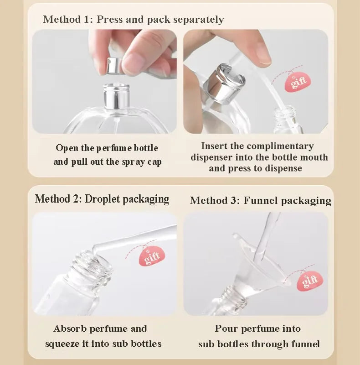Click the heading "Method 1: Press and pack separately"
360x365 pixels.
pyautogui.click(x=133, y=20)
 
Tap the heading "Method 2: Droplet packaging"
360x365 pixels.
pyautogui.click(x=102, y=199)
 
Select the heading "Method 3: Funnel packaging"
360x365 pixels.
pyautogui.click(x=260, y=200)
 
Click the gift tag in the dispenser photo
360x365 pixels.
pyautogui.click(x=298, y=83)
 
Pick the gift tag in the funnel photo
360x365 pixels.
pyautogui.click(x=310, y=280)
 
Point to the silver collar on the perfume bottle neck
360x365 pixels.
pyautogui.click(x=116, y=96)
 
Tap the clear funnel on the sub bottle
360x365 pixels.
pyautogui.click(x=255, y=265)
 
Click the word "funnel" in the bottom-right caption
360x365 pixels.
pyautogui.click(x=305, y=344)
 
